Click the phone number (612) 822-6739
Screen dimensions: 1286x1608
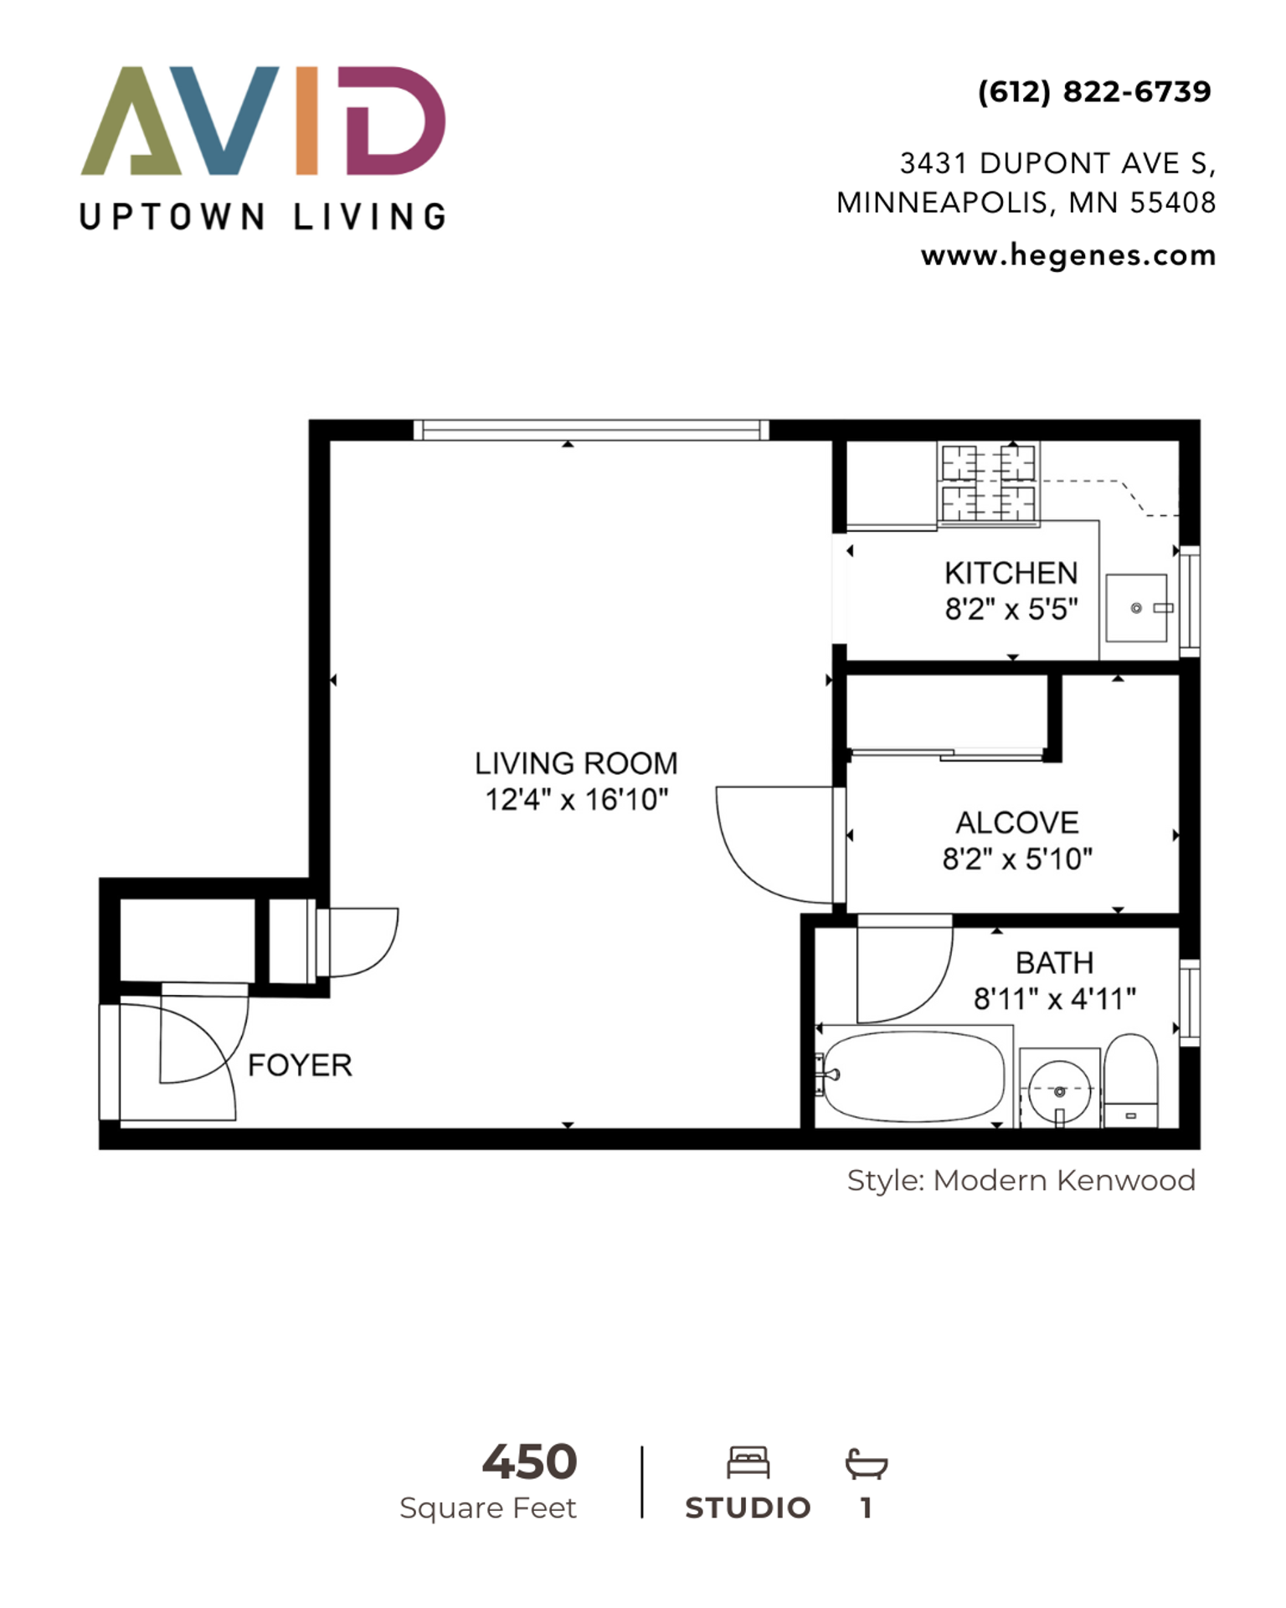click(1094, 91)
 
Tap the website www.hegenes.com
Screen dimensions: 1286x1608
click(1068, 255)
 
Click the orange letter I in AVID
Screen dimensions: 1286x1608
click(307, 121)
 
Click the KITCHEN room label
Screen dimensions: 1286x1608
click(1011, 573)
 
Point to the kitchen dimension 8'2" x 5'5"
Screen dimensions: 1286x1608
click(1011, 609)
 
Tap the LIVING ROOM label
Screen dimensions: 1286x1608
click(576, 763)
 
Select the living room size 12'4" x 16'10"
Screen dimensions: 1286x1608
click(577, 800)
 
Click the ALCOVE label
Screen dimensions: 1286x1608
click(1017, 822)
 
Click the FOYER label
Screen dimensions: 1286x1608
click(300, 1065)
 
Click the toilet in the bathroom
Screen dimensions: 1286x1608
click(1131, 1081)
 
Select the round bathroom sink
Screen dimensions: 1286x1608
click(1059, 1090)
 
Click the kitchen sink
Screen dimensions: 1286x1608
click(1136, 608)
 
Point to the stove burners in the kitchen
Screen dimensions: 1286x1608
click(989, 483)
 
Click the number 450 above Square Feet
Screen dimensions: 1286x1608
click(529, 1462)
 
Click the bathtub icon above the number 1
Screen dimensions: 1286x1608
click(867, 1464)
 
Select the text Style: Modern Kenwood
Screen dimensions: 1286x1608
click(1021, 1180)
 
